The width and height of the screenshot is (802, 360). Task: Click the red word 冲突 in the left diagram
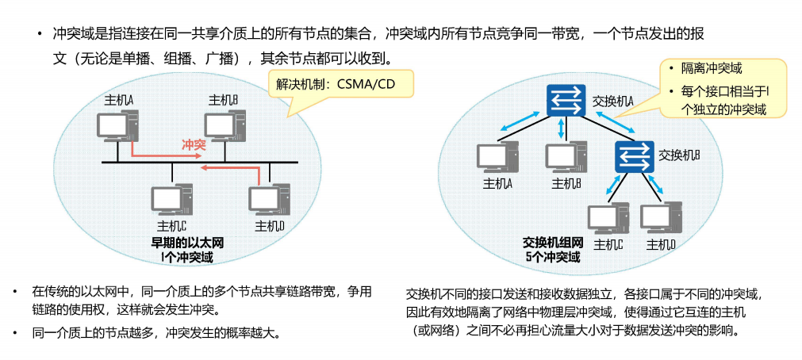194,145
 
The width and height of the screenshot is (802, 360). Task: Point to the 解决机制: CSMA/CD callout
335,82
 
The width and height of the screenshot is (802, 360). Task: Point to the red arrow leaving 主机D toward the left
226,168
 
